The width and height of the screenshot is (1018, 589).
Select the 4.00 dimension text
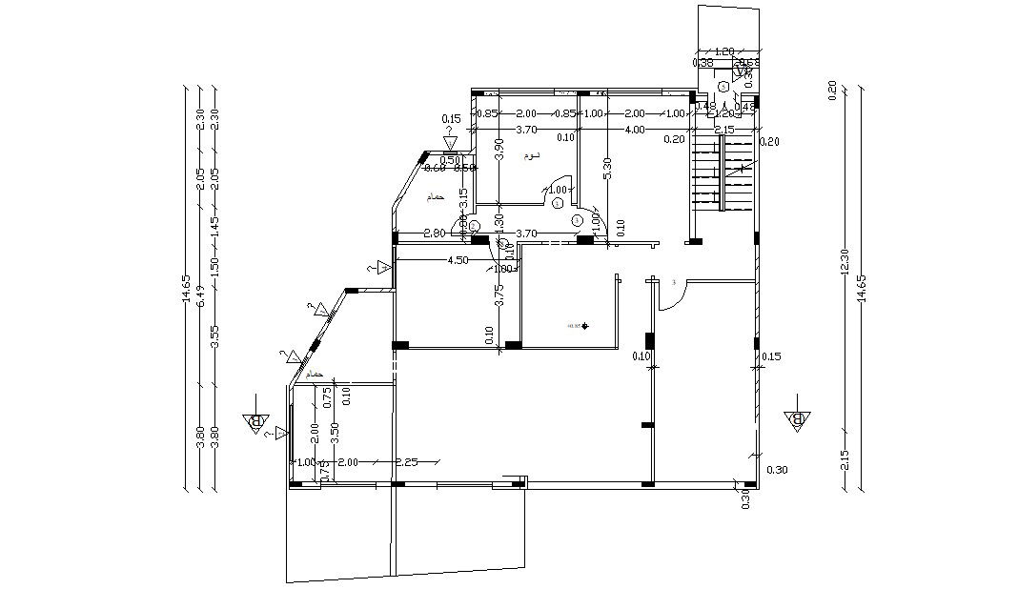pyautogui.click(x=634, y=129)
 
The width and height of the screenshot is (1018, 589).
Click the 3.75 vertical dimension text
pyautogui.click(x=499, y=295)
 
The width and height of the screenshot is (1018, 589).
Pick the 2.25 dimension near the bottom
pyautogui.click(x=407, y=462)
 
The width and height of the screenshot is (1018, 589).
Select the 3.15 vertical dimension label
pyautogui.click(x=463, y=198)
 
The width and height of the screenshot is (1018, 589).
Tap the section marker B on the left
pyautogui.click(x=254, y=422)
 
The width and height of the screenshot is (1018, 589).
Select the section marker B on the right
pyautogui.click(x=797, y=418)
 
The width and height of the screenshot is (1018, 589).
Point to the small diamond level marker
pyautogui.click(x=585, y=327)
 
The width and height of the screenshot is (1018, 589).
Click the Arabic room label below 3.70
pyautogui.click(x=531, y=155)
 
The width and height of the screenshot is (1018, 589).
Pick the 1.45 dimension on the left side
pyautogui.click(x=214, y=227)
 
